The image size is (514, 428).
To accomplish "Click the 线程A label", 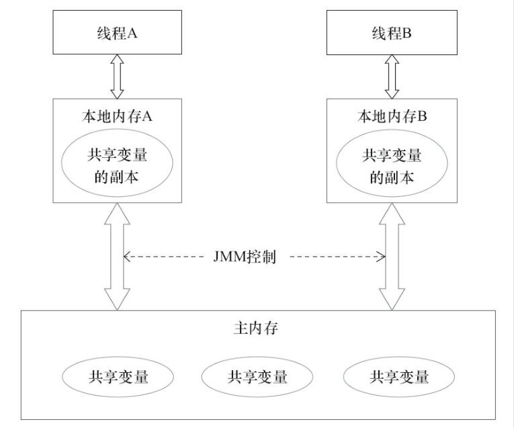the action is tap(117, 33).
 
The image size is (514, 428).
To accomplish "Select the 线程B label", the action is tap(392, 33).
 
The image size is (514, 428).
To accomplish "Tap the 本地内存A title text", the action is tap(117, 116).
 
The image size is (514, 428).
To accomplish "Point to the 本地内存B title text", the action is tap(392, 116).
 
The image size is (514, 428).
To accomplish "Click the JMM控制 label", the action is tap(245, 257).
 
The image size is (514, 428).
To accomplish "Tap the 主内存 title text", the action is tap(256, 328).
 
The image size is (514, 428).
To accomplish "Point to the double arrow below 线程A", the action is tap(117, 77).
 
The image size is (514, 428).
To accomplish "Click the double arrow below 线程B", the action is tap(392, 77).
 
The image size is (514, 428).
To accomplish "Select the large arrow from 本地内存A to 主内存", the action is tap(117, 256).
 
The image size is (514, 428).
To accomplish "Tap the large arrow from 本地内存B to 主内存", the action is tap(392, 256).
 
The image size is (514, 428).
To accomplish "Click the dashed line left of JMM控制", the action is tap(164, 257).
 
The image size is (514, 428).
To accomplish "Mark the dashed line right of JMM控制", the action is tap(338, 257).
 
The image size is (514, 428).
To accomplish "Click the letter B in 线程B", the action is tap(406, 33).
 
